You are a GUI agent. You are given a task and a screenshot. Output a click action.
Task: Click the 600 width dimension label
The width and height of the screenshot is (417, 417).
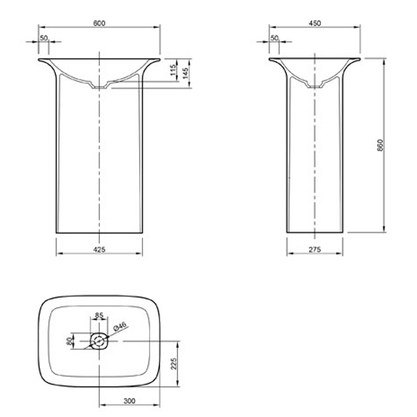[99, 23]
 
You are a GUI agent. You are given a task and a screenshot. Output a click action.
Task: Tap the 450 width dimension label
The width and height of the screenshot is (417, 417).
[315, 23]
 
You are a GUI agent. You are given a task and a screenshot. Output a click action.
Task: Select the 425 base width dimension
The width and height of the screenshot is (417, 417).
[99, 250]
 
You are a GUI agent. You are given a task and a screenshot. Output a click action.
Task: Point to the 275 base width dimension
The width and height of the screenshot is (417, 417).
[315, 250]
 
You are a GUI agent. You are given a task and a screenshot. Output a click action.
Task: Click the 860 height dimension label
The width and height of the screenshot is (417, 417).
[381, 145]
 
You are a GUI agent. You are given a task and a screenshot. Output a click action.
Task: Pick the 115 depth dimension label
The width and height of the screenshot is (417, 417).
[173, 70]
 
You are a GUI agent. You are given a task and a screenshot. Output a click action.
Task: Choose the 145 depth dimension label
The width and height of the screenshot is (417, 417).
[185, 73]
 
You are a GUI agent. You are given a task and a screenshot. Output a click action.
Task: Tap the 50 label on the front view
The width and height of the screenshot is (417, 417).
[43, 38]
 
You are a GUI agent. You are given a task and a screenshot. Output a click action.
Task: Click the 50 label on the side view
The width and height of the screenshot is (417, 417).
[274, 38]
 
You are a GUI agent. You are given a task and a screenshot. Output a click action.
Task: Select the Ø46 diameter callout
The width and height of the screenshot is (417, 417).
[119, 326]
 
